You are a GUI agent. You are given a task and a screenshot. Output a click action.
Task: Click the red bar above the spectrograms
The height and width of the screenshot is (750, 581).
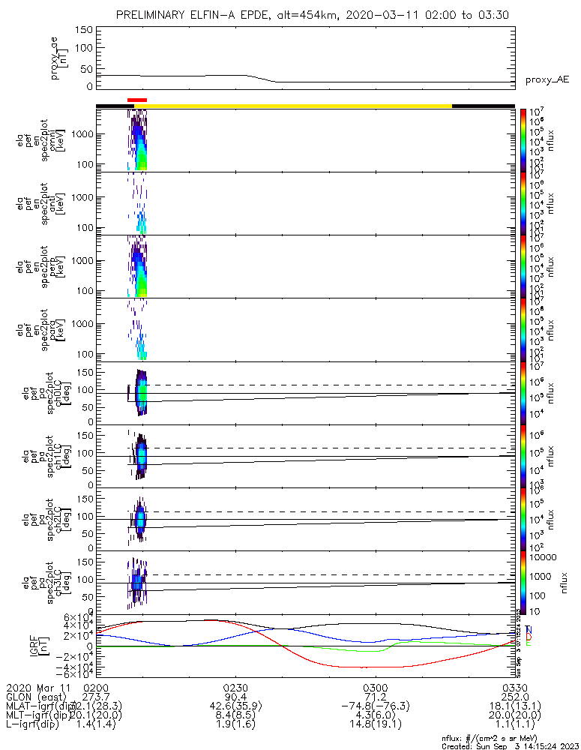(x=137, y=99)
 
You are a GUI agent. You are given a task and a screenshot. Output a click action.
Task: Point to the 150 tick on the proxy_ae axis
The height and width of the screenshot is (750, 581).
(x=84, y=30)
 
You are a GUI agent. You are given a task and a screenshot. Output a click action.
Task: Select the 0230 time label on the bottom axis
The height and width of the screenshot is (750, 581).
(x=235, y=688)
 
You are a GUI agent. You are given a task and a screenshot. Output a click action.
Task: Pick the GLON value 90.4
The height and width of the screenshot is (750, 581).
(x=235, y=697)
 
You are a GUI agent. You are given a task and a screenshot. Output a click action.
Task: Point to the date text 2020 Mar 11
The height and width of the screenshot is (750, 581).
(x=37, y=688)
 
